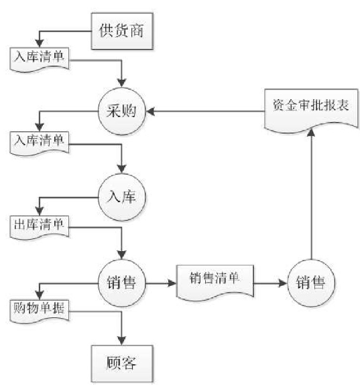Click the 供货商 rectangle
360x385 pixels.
(122, 31)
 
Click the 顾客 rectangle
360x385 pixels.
(122, 364)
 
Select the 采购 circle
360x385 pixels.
(122, 111)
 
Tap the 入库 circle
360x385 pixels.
(122, 197)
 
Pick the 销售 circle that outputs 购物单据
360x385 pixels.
(122, 283)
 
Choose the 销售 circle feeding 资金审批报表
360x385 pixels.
(311, 283)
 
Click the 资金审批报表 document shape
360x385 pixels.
(311, 110)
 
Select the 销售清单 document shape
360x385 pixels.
(215, 283)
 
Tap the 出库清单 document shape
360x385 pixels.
(40, 227)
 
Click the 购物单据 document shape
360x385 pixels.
(40, 311)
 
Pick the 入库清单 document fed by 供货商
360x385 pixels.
(40, 60)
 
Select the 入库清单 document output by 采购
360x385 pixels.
(40, 143)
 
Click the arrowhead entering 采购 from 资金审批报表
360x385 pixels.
(150, 111)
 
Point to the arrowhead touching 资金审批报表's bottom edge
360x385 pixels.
(311, 133)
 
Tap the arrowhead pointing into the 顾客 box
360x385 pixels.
(122, 341)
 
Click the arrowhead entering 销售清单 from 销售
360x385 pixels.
(172, 283)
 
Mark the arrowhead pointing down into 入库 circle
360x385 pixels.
(122, 169)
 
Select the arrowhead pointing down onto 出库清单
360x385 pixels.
(40, 212)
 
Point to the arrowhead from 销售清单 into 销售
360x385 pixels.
(283, 283)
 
